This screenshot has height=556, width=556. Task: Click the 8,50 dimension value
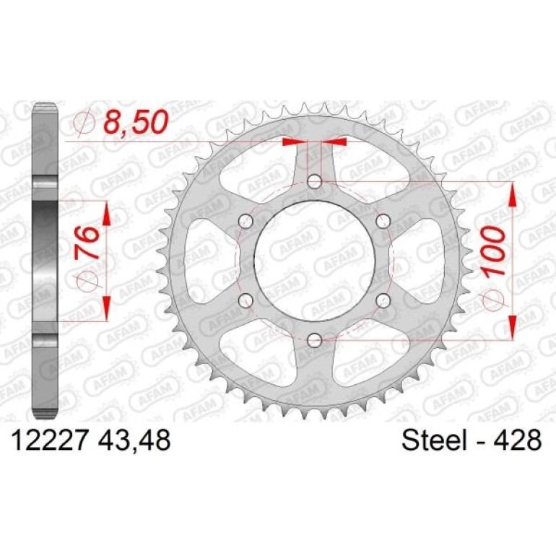click(135, 121)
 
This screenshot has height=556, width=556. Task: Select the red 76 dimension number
click(87, 243)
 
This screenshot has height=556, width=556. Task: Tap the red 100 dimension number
click(493, 251)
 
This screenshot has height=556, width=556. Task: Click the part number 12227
click(50, 440)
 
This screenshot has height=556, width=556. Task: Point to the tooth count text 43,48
click(134, 440)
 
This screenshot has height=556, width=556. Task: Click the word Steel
click(434, 440)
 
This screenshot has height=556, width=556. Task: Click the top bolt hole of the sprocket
click(314, 182)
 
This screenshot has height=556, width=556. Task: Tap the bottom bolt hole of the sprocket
click(314, 340)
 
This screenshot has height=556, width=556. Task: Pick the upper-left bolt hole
click(246, 222)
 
